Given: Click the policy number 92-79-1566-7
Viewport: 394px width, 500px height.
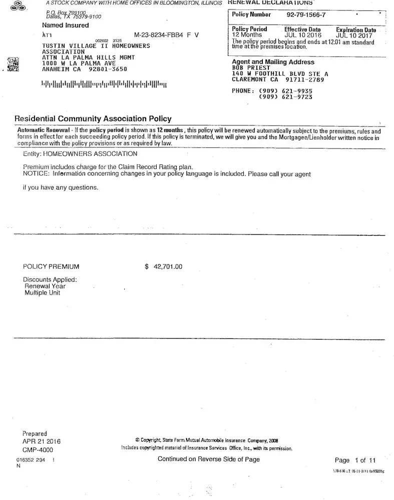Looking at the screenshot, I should (306, 15).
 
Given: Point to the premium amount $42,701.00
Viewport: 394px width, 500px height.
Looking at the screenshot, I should (164, 266).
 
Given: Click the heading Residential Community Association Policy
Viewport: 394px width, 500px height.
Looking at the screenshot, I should (94, 119).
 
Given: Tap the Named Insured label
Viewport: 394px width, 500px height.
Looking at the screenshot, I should (65, 25).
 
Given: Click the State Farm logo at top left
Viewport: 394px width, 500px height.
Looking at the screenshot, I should (20, 6).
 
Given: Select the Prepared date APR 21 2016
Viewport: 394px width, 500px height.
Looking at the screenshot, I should (41, 441).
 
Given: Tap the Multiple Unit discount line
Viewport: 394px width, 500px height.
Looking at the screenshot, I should (42, 293).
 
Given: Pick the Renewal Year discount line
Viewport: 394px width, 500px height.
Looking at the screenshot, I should (45, 286).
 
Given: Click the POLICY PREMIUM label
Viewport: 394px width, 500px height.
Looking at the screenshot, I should (51, 266).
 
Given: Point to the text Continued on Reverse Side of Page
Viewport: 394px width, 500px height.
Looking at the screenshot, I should (208, 459).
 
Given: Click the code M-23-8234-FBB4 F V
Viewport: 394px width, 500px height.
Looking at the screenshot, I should (167, 35).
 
